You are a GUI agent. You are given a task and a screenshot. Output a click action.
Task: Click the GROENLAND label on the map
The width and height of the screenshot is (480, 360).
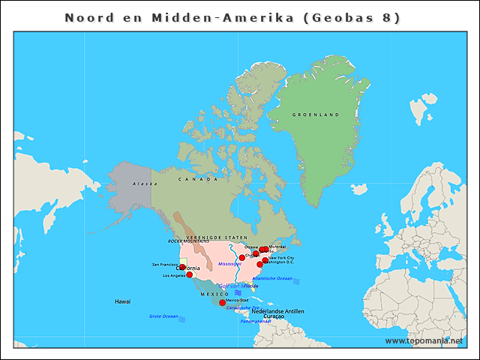point(315,115)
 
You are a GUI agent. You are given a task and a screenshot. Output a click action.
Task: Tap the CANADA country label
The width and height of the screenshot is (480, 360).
point(198,179)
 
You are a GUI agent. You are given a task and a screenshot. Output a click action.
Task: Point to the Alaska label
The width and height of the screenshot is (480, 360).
point(145,184)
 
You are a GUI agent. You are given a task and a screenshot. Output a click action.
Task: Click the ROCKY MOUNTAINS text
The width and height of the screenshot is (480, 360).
point(188,241)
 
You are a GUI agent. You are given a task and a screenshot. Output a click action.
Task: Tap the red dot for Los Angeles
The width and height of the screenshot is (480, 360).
point(189,274)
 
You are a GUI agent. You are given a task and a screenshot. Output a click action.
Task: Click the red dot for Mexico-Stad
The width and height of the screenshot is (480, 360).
point(222,303)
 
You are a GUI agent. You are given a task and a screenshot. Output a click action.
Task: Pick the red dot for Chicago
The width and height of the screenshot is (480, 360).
point(242,257)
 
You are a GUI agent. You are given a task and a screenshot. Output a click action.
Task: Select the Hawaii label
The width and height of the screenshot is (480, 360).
point(122,301)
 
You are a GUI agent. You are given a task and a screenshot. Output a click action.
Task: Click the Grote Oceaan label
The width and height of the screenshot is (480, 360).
point(163,316)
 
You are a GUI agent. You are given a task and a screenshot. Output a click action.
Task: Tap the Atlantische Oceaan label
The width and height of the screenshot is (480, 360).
point(272,278)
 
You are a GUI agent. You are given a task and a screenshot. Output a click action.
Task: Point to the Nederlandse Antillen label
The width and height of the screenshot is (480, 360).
point(277,310)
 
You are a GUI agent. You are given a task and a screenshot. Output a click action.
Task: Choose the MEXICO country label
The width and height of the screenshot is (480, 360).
point(214,294)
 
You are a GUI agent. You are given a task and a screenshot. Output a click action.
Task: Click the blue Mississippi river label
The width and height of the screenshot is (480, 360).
point(229,264)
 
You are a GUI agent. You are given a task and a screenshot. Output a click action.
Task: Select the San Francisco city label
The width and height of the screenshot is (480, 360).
point(164,265)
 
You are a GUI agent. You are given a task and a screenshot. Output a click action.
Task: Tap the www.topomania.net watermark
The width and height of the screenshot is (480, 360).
point(424,340)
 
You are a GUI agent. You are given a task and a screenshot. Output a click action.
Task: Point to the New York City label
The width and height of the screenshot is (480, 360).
point(281,258)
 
